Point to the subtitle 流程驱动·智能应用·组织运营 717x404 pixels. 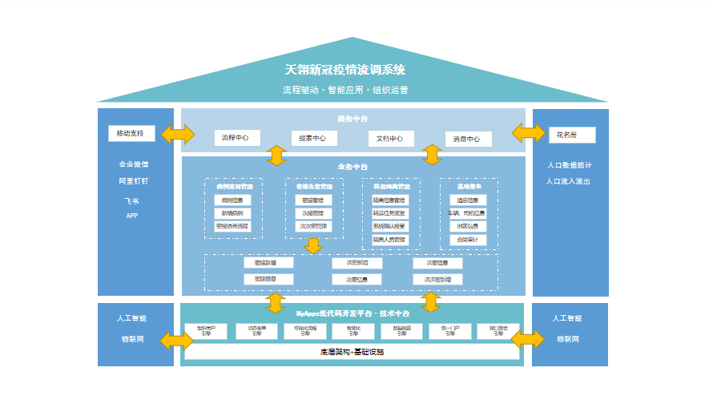pos(345,90)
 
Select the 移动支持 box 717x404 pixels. pos(131,133)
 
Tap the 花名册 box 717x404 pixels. pos(572,133)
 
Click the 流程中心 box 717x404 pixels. pos(236,138)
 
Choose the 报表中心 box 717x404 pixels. pos(308,138)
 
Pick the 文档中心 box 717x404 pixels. pos(391,138)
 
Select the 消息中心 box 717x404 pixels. pos(468,139)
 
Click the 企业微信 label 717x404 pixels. pos(134,165)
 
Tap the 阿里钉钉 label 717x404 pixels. pos(134,181)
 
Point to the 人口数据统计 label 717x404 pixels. pos(570,165)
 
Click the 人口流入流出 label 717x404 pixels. pos(570,181)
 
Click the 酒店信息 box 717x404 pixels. pos(468,200)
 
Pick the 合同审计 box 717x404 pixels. pos(468,239)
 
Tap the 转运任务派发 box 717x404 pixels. pos(389,213)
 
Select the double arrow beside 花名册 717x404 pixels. pos(529,133)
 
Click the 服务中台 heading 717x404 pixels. pos(352,118)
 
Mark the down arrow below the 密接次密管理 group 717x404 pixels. pos(312,246)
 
